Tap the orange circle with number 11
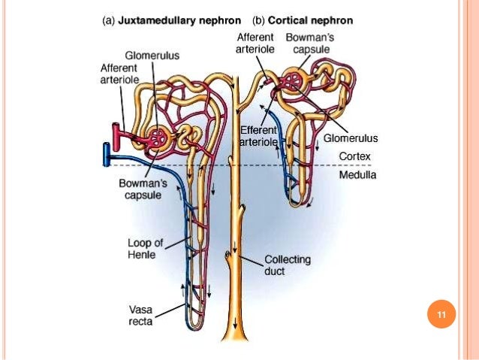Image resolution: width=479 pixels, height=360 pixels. [441, 315]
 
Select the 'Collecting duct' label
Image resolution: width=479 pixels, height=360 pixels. [285, 265]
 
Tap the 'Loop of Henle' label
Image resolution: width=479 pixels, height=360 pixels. [143, 248]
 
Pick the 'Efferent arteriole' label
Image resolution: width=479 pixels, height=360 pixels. [258, 136]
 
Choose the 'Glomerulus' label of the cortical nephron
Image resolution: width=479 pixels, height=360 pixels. [351, 138]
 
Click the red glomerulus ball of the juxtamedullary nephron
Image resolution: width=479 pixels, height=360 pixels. [159, 138]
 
